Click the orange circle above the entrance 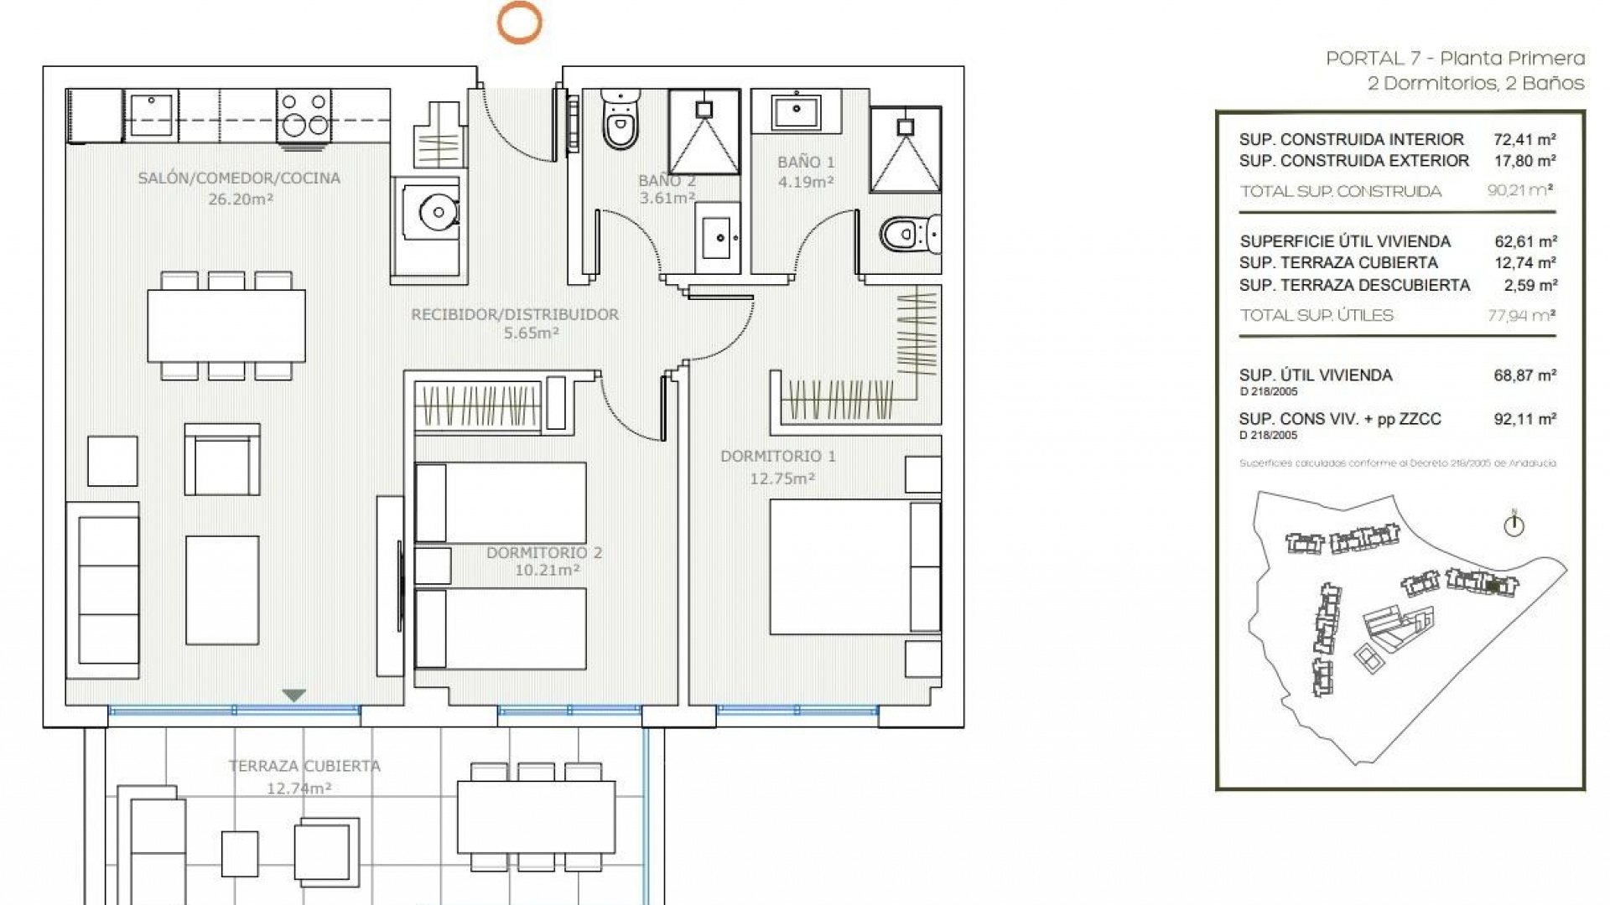point(519,22)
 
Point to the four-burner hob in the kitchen point(304,115)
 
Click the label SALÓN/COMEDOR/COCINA point(239,178)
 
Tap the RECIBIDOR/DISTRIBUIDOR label point(515,314)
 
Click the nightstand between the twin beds point(433,566)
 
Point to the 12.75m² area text point(782,478)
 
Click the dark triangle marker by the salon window point(293,696)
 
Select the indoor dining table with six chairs point(226,325)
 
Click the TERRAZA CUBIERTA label point(304,765)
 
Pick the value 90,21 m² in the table point(1521,190)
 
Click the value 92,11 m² point(1524,419)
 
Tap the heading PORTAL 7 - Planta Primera point(1455,59)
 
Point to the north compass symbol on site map point(1514,525)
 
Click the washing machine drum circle point(437,212)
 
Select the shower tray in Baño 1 point(906,149)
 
